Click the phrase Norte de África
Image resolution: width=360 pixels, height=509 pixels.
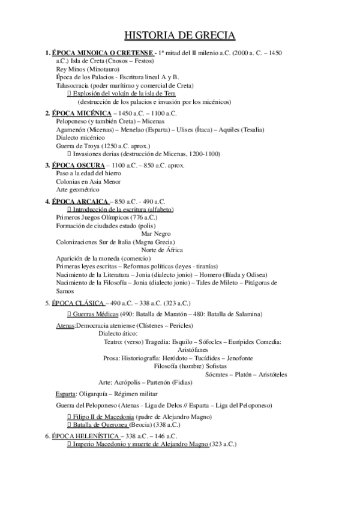click(x=162, y=250)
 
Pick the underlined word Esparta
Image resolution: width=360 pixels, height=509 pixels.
click(x=65, y=394)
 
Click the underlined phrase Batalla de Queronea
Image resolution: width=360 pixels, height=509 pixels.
click(x=99, y=424)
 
